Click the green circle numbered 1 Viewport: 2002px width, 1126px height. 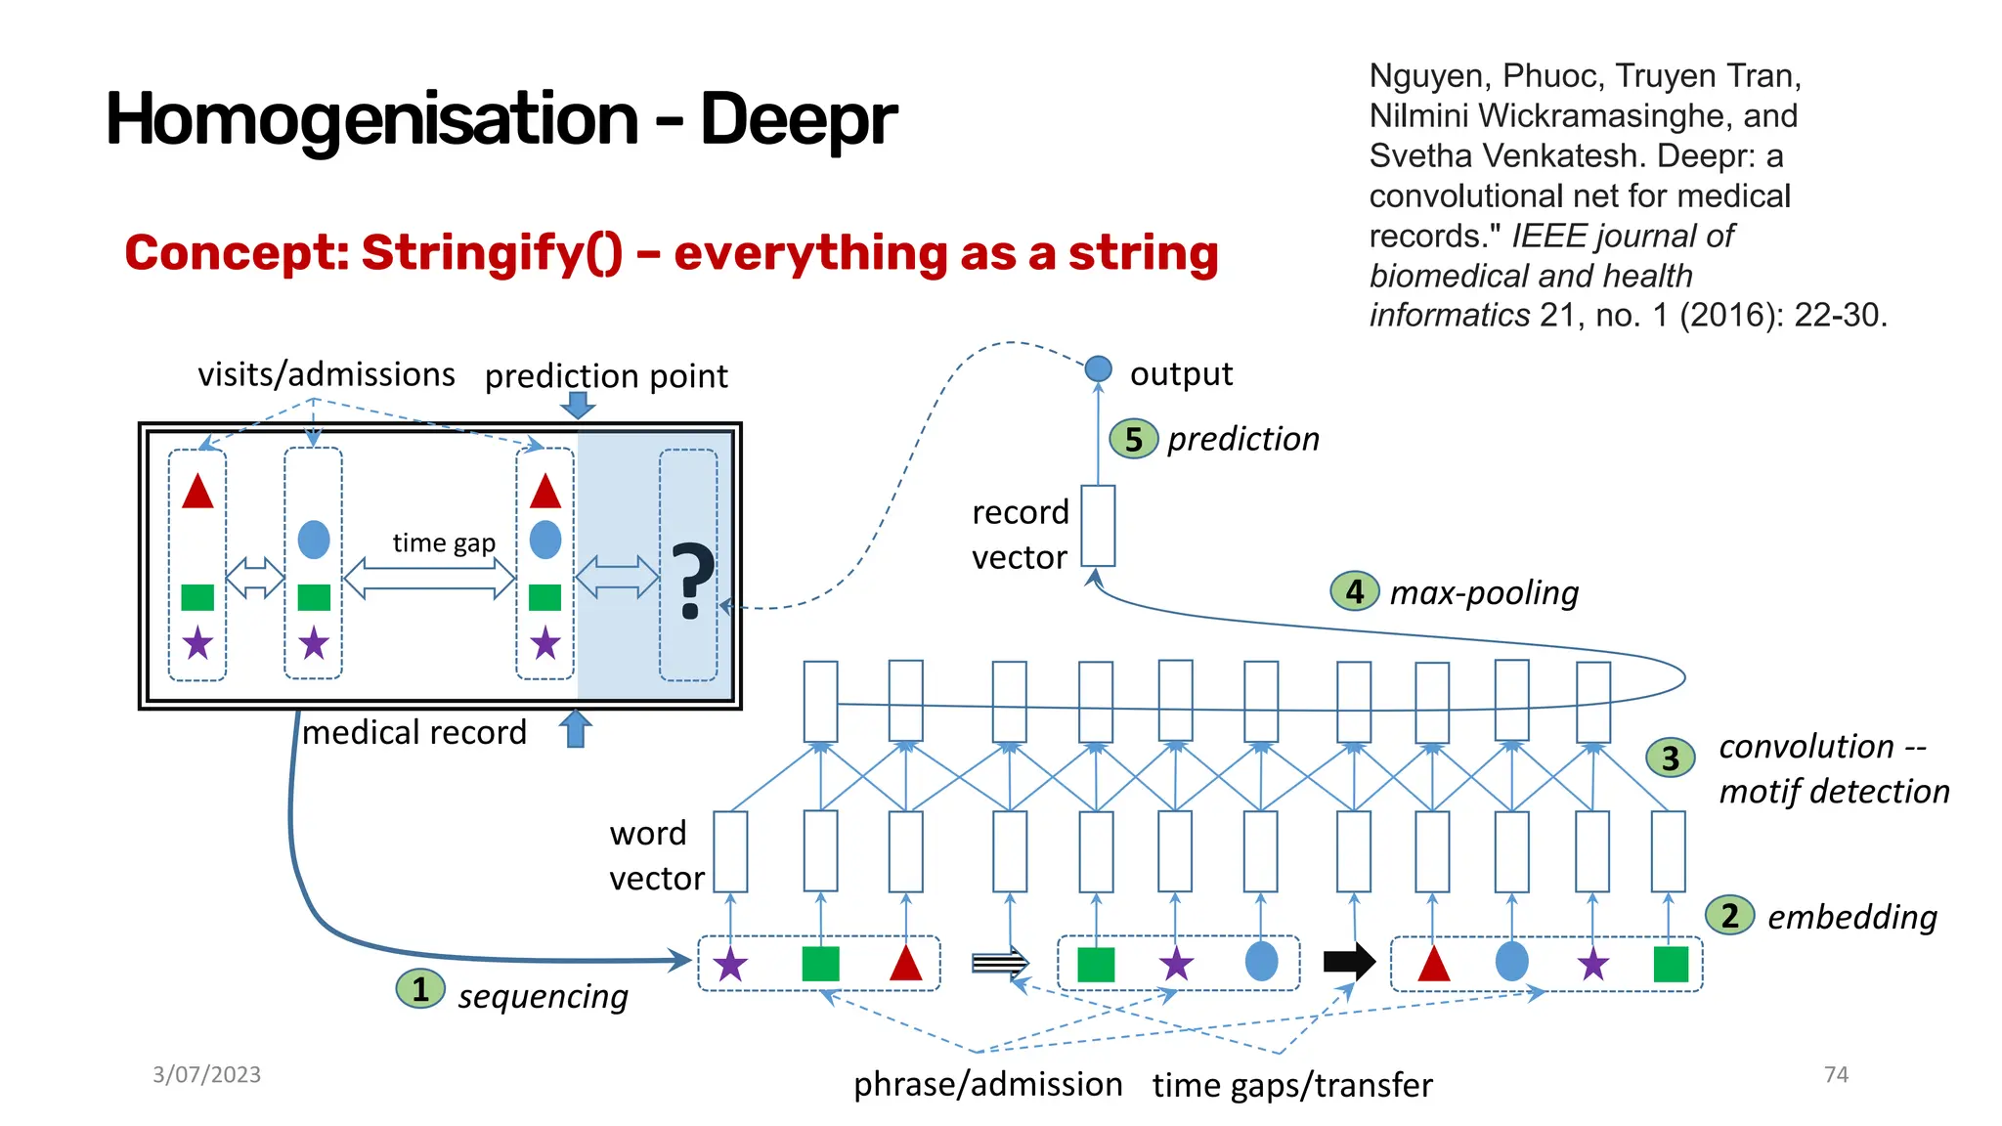pos(420,989)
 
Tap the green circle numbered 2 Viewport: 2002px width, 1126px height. pos(1729,915)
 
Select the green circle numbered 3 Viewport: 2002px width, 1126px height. pos(1671,758)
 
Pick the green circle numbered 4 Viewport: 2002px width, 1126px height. pos(1355,591)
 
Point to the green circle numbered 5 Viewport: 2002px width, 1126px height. pos(1133,439)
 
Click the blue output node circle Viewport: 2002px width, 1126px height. pos(1099,368)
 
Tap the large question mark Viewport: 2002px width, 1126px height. pos(691,582)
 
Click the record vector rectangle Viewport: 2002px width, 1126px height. pos(1098,526)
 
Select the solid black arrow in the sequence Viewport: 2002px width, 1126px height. pos(1349,961)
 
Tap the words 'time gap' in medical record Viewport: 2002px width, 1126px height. pos(444,542)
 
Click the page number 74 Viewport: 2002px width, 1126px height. pos(1836,1074)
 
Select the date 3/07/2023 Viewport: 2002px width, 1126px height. pos(206,1074)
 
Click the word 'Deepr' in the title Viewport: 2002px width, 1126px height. pos(798,119)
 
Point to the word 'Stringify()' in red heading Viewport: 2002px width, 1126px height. pos(492,252)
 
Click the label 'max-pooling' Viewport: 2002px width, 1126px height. pos(1484,592)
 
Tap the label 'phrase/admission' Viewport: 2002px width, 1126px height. pos(987,1084)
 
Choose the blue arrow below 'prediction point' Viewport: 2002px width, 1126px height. pos(578,405)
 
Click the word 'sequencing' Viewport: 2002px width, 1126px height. pos(543,996)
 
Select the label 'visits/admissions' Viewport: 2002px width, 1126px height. pos(326,374)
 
